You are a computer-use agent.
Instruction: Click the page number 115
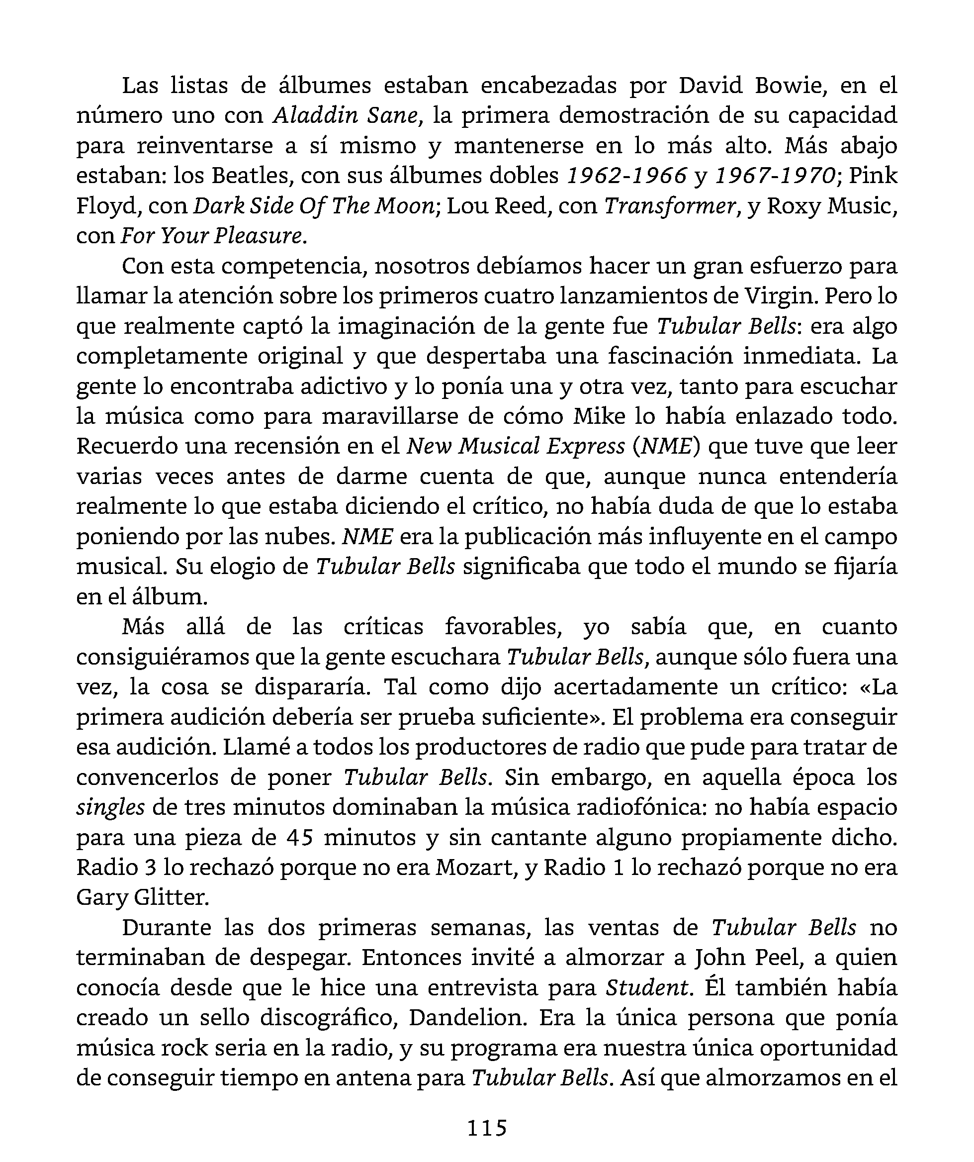click(487, 1127)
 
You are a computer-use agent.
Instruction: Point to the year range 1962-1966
click(626, 176)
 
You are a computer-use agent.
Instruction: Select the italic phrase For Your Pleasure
click(212, 236)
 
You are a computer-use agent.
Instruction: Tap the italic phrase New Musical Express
click(516, 447)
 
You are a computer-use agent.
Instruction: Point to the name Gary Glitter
click(143, 897)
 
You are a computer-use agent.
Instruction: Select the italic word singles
click(110, 807)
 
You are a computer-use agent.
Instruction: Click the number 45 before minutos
click(300, 837)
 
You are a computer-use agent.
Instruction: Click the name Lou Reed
click(498, 206)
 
